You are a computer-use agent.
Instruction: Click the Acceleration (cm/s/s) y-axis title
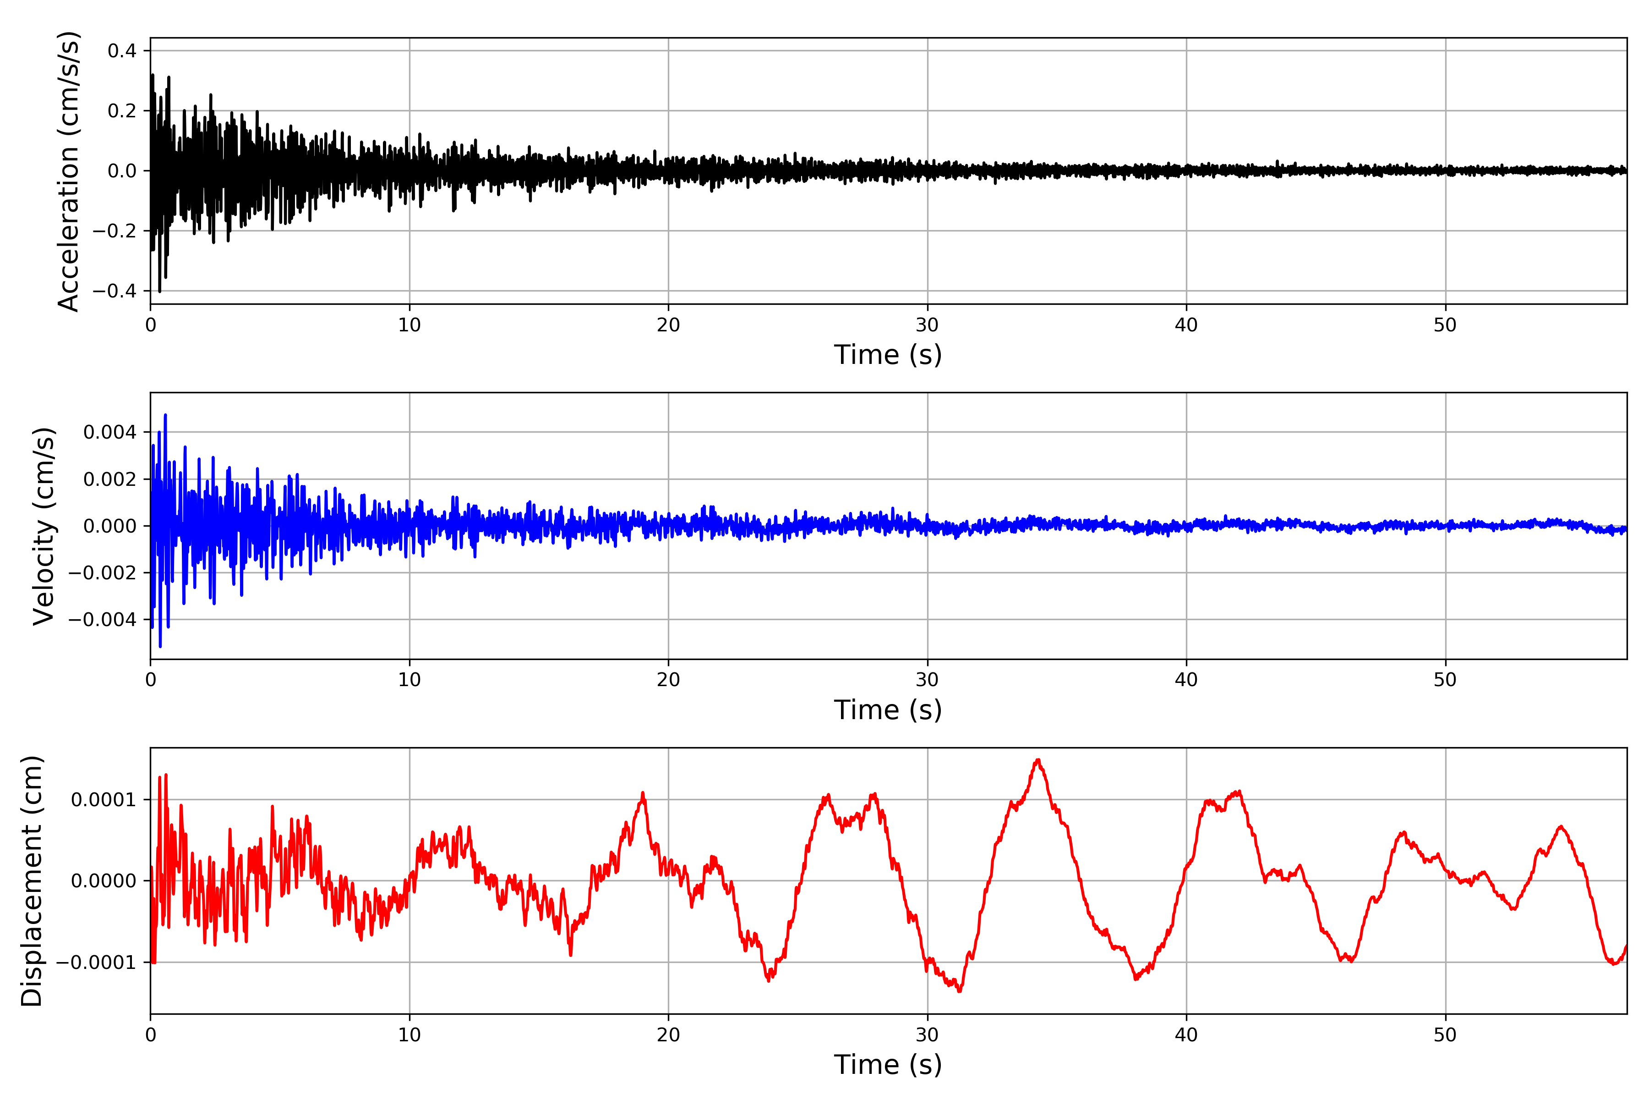pyautogui.click(x=69, y=170)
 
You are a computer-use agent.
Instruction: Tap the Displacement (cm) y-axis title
pyautogui.click(x=32, y=880)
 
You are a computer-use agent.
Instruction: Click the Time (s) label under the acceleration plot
pyautogui.click(x=888, y=355)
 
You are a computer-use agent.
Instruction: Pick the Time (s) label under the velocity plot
pyautogui.click(x=888, y=710)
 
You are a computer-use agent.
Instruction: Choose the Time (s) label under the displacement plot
pyautogui.click(x=888, y=1065)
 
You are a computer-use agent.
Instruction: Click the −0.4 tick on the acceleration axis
pyautogui.click(x=116, y=291)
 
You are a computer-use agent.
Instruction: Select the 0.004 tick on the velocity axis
pyautogui.click(x=110, y=432)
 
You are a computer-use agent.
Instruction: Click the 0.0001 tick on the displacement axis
pyautogui.click(x=104, y=800)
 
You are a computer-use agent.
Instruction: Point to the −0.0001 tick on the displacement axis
pyautogui.click(x=97, y=962)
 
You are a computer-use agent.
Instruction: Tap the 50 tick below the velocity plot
pyautogui.click(x=1445, y=680)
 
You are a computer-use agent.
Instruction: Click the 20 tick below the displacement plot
pyautogui.click(x=668, y=1035)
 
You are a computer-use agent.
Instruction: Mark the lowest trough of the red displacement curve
pyautogui.click(x=959, y=991)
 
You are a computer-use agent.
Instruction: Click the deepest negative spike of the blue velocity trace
pyautogui.click(x=161, y=646)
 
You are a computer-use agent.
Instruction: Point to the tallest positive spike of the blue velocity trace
pyautogui.click(x=165, y=415)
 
